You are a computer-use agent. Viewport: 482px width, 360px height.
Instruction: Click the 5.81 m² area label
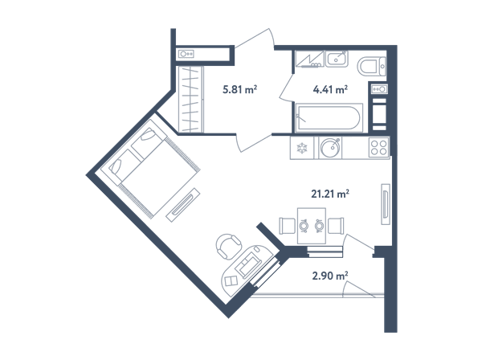pos(239,90)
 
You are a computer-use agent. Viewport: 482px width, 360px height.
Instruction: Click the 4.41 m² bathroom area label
pos(330,89)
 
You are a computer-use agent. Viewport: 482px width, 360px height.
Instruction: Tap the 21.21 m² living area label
pos(330,194)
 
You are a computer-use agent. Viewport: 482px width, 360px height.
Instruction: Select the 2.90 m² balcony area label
pos(330,276)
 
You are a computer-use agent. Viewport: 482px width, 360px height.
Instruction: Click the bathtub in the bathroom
pos(329,118)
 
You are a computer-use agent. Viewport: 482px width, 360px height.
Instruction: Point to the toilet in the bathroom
pos(371,66)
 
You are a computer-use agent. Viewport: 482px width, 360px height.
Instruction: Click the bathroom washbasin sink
pos(337,59)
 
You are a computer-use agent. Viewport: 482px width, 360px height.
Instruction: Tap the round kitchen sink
pos(330,148)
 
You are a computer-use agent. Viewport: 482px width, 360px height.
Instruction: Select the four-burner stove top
pos(378,148)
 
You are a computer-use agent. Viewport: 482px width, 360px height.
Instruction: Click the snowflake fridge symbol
pos(301,148)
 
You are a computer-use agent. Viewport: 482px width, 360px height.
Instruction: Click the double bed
pos(150,169)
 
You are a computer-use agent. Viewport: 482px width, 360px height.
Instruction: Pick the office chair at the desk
pos(229,245)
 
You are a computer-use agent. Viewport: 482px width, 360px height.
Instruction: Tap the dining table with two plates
pos(312,226)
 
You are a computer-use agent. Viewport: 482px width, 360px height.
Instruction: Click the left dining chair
pos(287,226)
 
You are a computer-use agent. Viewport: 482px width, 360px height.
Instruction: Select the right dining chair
pos(336,226)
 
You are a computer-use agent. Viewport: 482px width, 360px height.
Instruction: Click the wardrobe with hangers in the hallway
pos(190,100)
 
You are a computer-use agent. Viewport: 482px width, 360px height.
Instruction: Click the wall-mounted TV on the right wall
pos(386,204)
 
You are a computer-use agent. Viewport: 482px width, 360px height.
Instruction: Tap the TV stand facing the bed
pos(183,205)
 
